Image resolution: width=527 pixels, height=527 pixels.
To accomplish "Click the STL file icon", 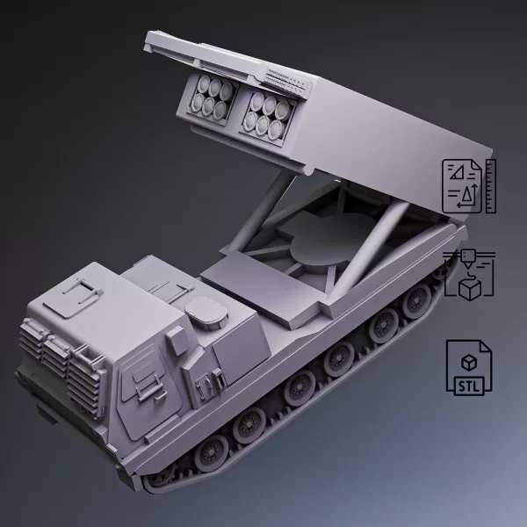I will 469,365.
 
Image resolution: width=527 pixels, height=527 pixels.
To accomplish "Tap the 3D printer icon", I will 469,274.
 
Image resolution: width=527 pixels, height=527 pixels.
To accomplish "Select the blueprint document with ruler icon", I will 468,186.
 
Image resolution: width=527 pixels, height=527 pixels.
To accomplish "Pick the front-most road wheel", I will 212,453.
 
